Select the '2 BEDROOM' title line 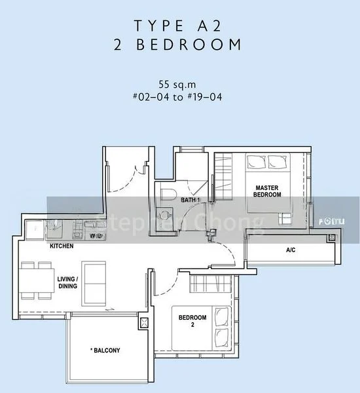178,45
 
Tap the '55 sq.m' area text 177,84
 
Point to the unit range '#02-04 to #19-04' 178,96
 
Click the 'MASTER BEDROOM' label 268,191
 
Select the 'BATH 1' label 190,200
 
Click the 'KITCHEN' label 62,246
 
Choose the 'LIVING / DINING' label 67,282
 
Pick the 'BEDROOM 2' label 192,321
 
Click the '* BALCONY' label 106,350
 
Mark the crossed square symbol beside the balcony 145,322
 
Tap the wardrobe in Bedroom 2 212,284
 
